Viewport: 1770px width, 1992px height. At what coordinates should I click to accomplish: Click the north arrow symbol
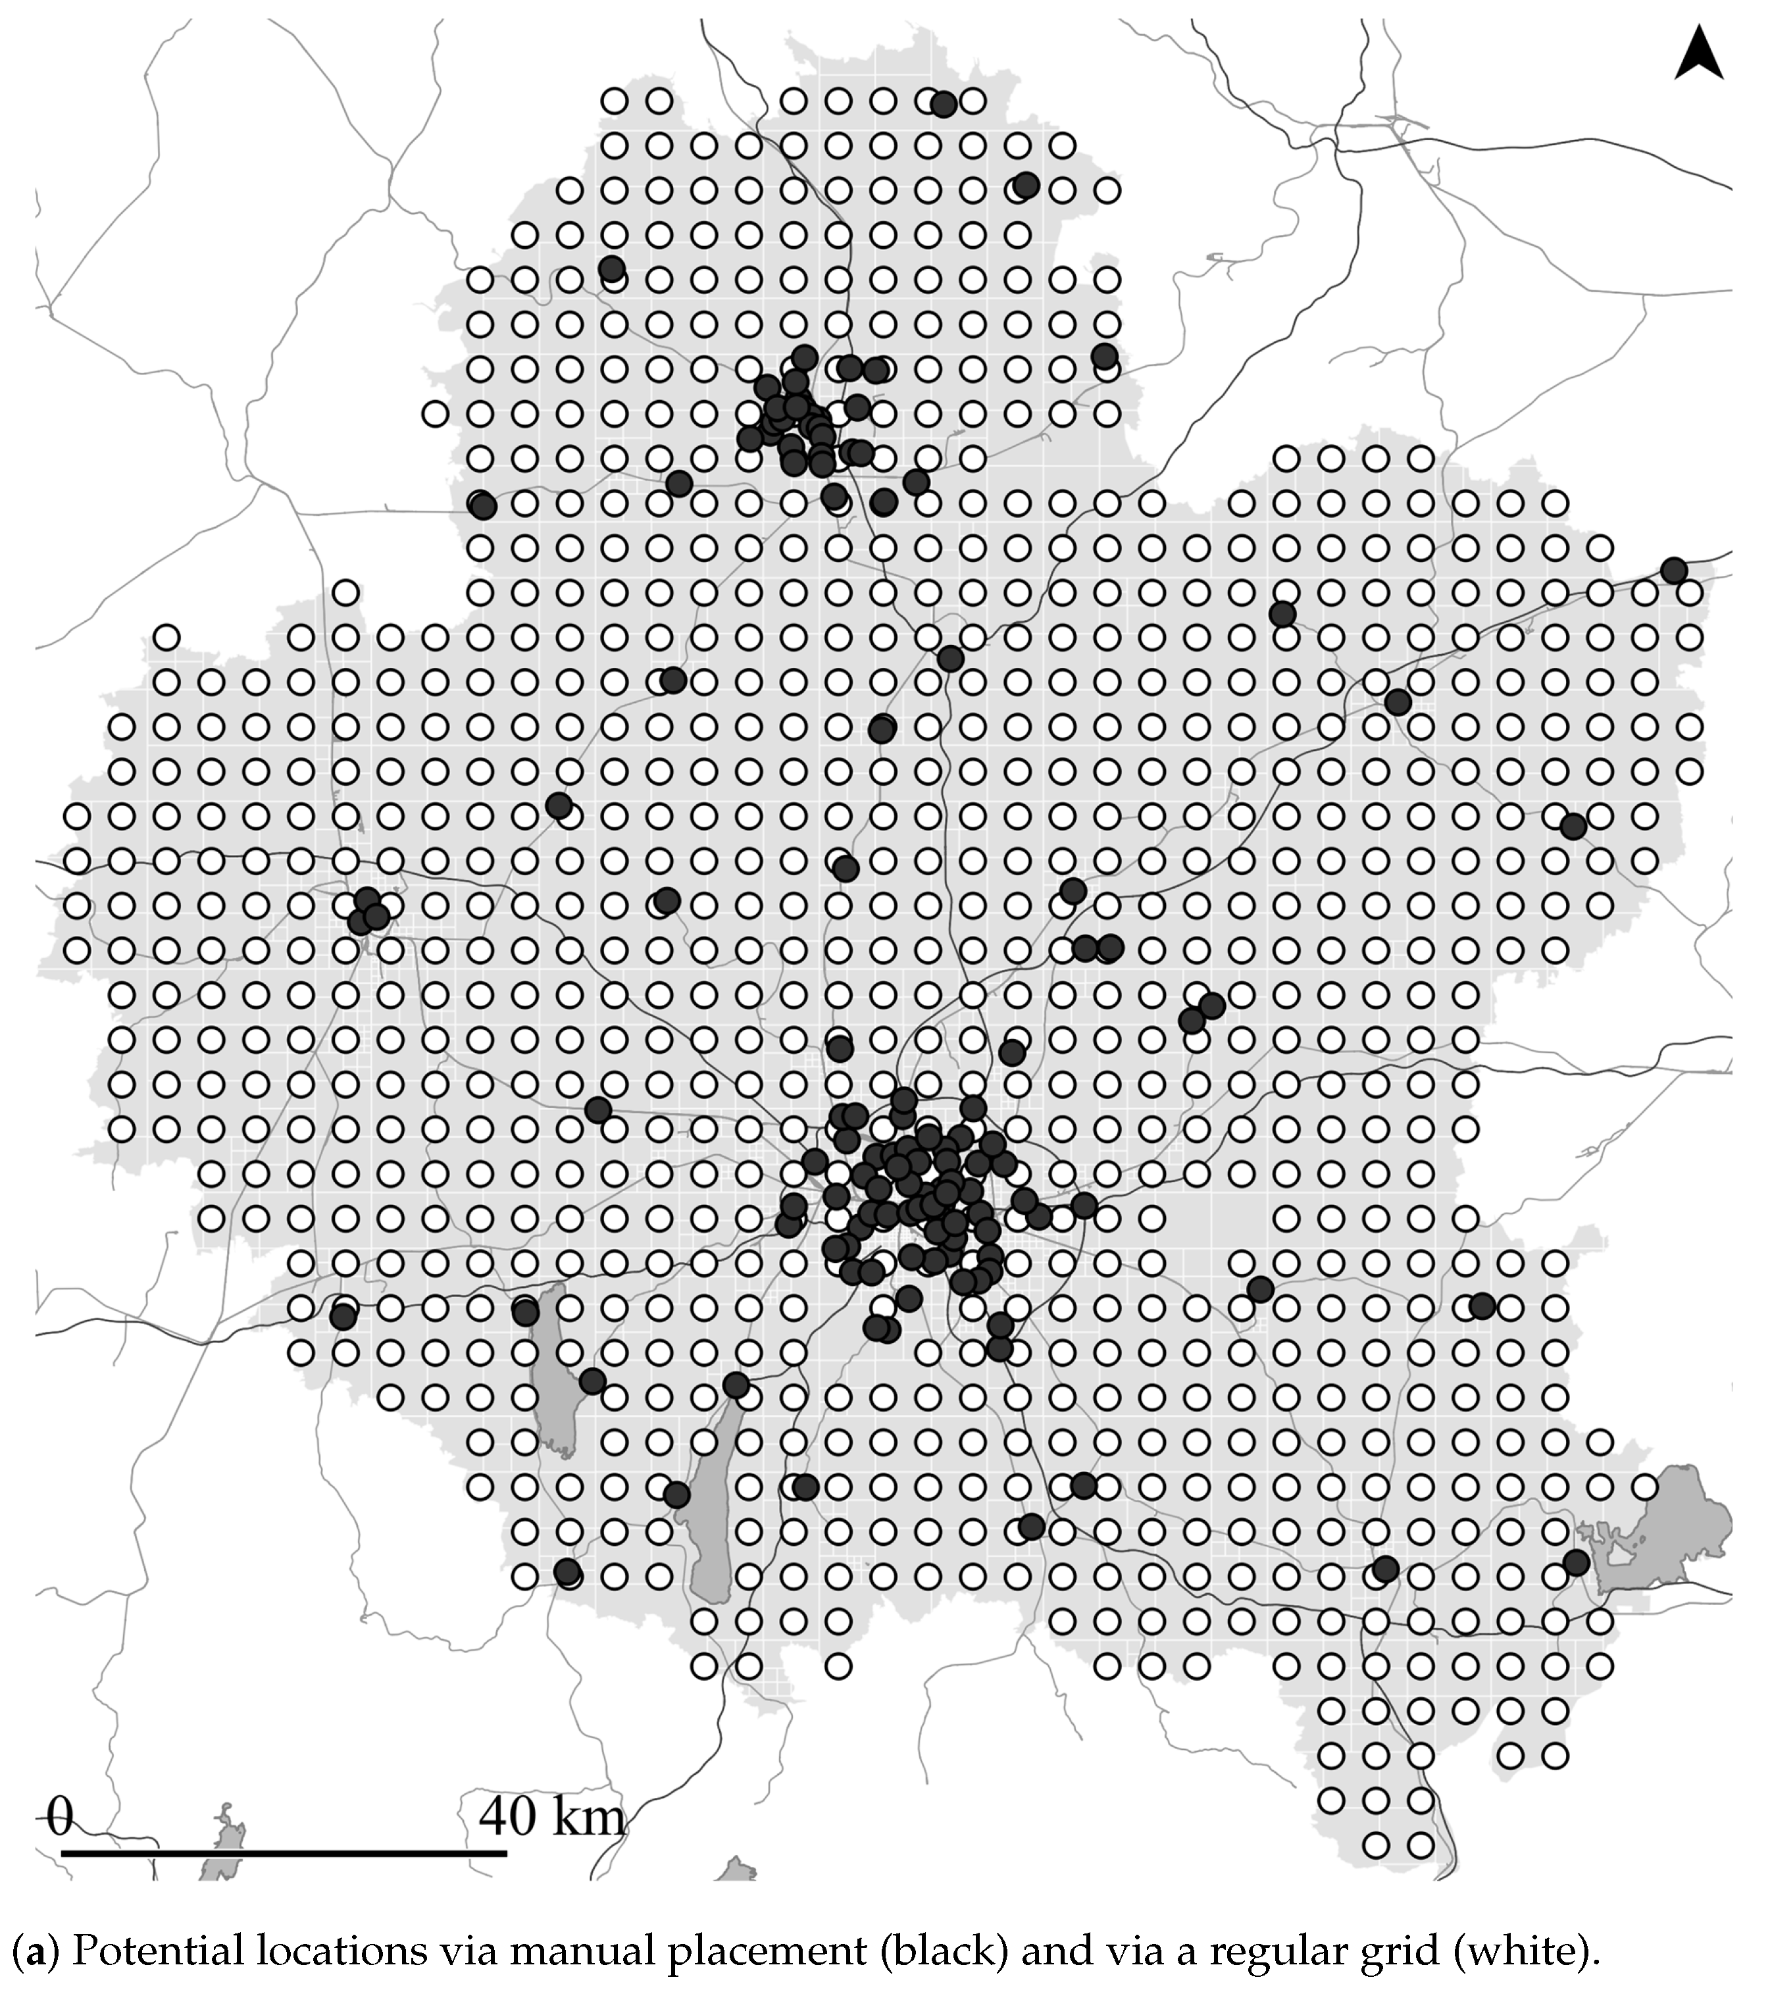1699,55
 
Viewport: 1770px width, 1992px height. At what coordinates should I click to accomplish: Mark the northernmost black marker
944,104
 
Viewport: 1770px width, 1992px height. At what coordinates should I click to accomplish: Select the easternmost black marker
1673,570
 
